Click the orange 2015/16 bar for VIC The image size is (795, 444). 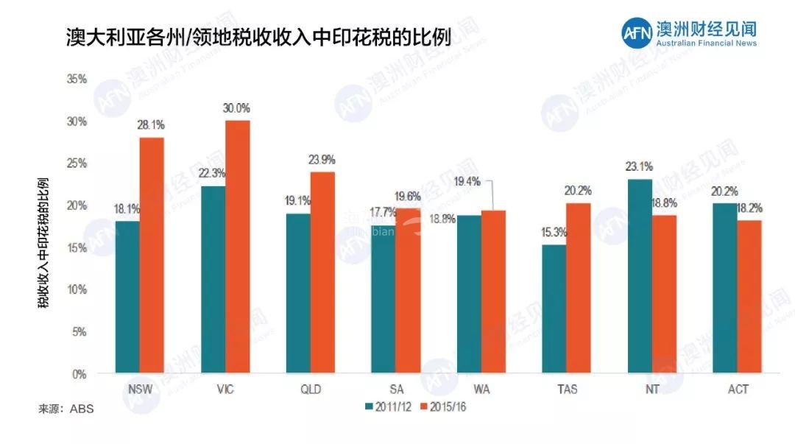tap(238, 247)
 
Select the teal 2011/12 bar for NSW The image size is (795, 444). tap(127, 297)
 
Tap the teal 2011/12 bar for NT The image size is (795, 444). tap(640, 276)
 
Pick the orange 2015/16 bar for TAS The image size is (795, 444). tap(579, 288)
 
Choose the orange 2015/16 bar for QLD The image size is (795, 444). tap(322, 272)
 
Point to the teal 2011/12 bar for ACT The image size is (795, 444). tap(725, 288)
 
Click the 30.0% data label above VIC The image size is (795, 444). tap(237, 108)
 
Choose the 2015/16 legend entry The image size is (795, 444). tap(446, 406)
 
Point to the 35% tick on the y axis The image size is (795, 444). tap(77, 78)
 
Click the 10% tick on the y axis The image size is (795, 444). tap(77, 289)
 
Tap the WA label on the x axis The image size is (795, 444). tap(481, 389)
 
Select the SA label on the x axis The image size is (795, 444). tap(396, 389)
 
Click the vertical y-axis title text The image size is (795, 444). tap(44, 242)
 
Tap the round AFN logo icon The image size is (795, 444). tap(635, 33)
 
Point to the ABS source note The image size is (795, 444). tap(66, 408)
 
